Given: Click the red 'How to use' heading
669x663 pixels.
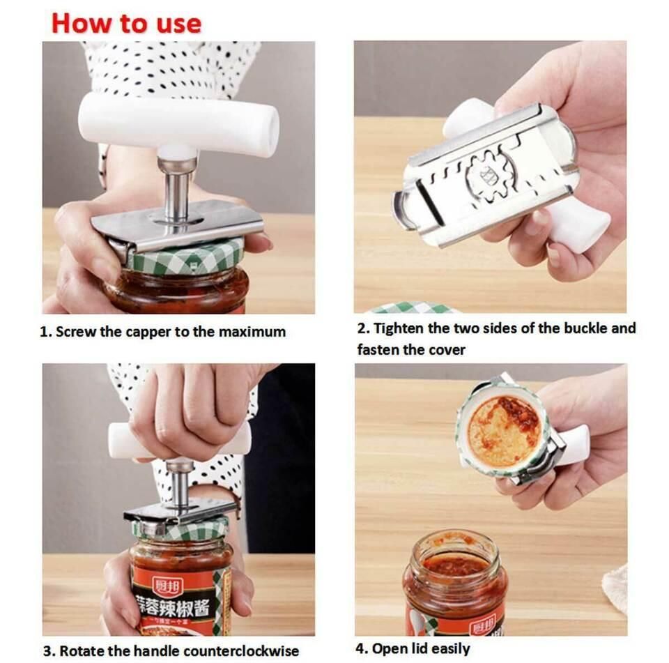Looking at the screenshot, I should click(126, 23).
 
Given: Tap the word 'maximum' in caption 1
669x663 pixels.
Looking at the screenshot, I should click(252, 332).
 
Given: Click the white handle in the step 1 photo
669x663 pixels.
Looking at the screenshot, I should click(178, 124).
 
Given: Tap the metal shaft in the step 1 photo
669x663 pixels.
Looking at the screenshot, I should click(177, 188).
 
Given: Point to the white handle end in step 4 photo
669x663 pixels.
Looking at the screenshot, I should click(574, 444).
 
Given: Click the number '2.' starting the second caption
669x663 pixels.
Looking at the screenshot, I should click(363, 328).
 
